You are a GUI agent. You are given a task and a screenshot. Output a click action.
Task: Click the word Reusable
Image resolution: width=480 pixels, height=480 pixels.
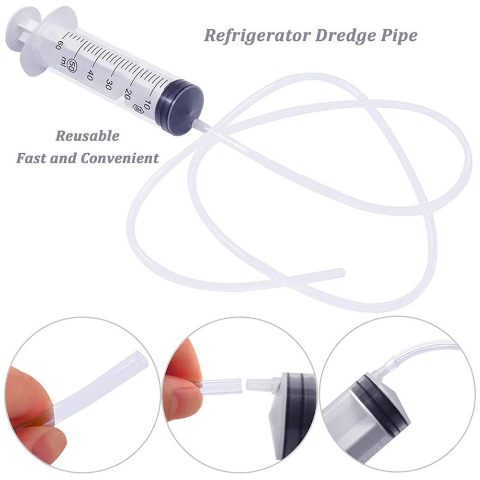[x=88, y=136]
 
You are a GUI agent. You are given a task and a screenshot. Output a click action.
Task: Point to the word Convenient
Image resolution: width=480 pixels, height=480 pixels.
[x=120, y=158]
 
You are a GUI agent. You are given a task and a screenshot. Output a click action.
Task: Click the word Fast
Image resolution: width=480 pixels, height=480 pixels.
[x=32, y=158]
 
